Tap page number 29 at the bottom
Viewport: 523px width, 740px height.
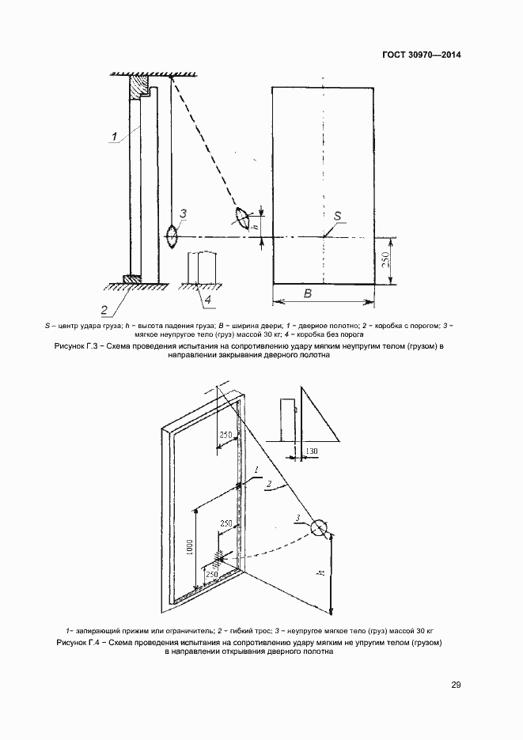point(455,685)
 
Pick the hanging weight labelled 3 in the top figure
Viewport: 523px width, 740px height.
point(172,236)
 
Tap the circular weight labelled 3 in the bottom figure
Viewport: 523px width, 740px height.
point(320,528)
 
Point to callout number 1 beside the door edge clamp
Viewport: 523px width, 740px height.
point(257,470)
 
